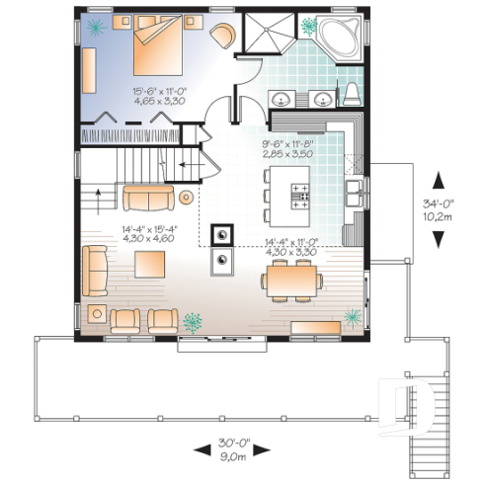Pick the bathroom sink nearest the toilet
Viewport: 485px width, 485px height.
coord(322,99)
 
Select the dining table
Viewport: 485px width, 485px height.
coord(290,279)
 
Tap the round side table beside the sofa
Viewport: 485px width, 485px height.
coord(187,199)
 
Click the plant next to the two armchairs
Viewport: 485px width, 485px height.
coord(192,321)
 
